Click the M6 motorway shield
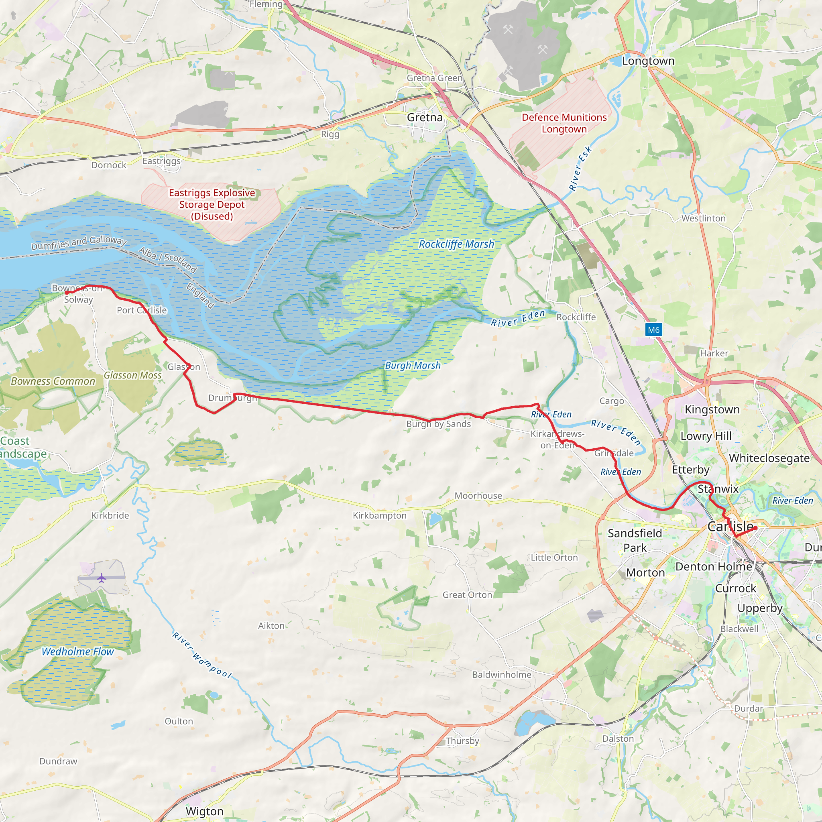coord(653,330)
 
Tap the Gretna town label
coord(425,118)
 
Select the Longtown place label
coord(648,61)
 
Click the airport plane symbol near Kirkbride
coord(101,578)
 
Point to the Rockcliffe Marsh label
coord(456,244)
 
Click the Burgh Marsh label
coord(413,365)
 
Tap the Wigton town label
coord(204,811)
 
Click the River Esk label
coord(580,169)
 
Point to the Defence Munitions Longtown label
coord(564,123)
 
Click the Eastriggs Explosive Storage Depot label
coord(212,204)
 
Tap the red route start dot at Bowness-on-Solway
coord(66,293)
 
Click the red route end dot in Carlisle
coord(755,528)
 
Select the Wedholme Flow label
coord(77,651)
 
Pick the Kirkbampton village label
coord(380,515)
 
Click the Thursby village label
coord(462,741)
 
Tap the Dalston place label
coord(618,739)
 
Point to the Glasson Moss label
coord(133,375)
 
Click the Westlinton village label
coord(703,218)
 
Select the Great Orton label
coord(467,595)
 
